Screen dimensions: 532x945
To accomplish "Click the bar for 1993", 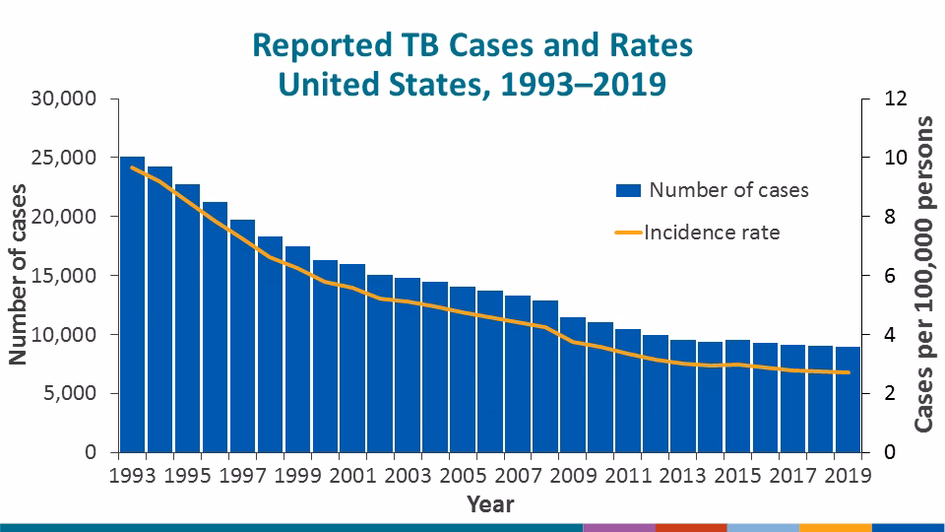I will pos(132,304).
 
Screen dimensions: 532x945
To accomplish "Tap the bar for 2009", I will pos(573,384).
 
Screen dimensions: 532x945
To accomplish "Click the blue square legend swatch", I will pos(628,190).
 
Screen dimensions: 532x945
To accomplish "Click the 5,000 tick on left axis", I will pos(70,393).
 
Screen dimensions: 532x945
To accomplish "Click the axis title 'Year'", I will pos(490,503).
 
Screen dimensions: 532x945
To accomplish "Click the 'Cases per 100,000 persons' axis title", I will pos(924,274).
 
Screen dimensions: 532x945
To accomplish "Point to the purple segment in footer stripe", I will pos(618,527).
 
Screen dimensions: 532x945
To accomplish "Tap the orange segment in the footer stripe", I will pos(835,527).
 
